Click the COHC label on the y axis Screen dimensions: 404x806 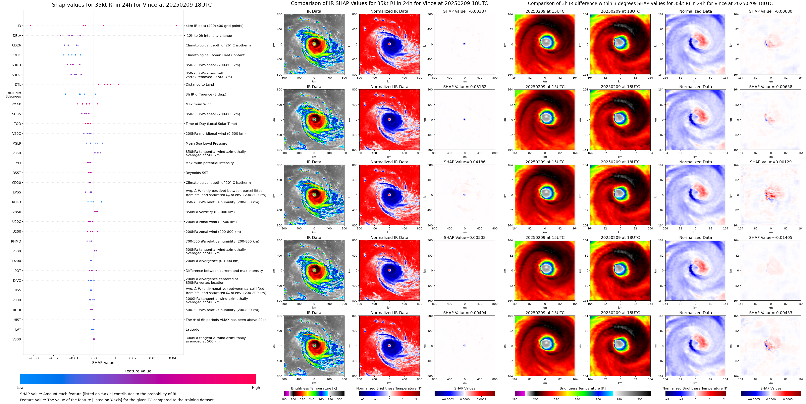click(x=16, y=55)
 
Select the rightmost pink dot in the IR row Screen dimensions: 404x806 click(x=176, y=26)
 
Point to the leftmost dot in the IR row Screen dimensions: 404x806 click(x=30, y=26)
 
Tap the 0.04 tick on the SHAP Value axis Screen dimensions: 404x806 click(x=172, y=358)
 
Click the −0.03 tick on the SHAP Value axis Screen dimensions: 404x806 click(x=34, y=358)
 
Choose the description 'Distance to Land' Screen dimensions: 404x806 click(x=200, y=85)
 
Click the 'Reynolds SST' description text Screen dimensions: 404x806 click(x=197, y=173)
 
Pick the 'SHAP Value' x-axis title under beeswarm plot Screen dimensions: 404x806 click(x=103, y=363)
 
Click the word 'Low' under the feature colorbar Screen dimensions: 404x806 click(x=20, y=388)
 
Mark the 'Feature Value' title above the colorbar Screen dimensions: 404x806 click(x=138, y=371)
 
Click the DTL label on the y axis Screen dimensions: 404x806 click(x=18, y=85)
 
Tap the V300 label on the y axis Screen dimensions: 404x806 click(x=17, y=339)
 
